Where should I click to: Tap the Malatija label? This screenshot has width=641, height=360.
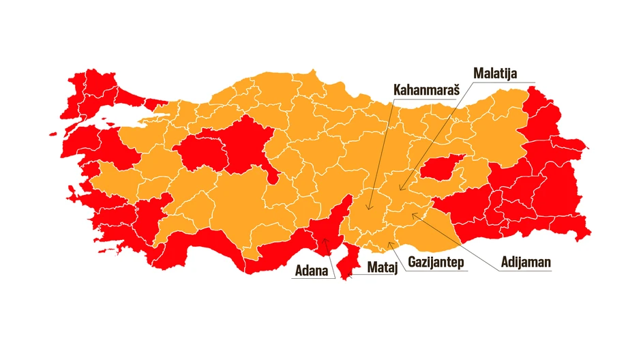pos(496,73)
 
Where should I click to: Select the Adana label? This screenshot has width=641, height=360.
pos(311,270)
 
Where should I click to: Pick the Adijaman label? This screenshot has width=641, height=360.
pos(526,262)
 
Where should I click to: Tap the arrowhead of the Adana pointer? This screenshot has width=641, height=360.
pos(324,239)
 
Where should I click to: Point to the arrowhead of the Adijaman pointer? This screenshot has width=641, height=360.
pos(412,214)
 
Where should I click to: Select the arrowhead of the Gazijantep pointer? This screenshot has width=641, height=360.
pos(389,242)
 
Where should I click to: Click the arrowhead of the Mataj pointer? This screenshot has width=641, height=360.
pos(348,275)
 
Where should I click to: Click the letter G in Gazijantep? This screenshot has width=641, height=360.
pos(412,262)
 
